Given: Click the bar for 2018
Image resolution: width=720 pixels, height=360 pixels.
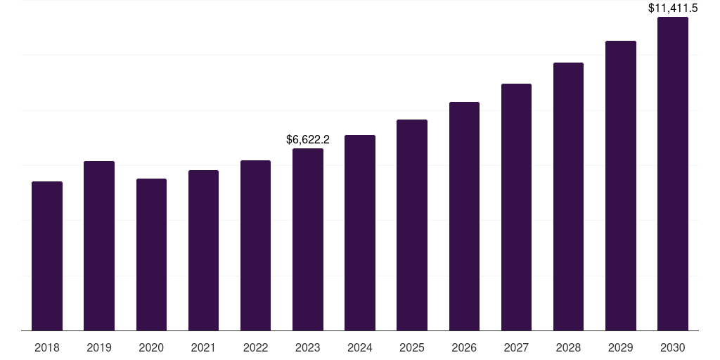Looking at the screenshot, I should (x=47, y=256).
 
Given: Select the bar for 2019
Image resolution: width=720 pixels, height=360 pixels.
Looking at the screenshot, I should (x=99, y=246).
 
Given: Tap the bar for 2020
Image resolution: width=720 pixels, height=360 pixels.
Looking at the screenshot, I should (x=151, y=255).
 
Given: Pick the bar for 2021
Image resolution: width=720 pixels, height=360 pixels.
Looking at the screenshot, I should (x=203, y=250).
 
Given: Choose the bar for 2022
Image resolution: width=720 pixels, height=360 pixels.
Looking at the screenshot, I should (x=255, y=245).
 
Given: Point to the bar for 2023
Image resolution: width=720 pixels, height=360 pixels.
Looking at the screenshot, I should (x=308, y=240).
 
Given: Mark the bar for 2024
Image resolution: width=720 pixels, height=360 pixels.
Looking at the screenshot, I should (x=360, y=233).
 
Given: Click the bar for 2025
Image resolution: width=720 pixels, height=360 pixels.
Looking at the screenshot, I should (x=412, y=225).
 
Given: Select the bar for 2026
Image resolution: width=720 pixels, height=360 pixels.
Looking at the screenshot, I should (x=464, y=217).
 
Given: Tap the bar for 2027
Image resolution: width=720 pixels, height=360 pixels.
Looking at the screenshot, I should (x=516, y=207).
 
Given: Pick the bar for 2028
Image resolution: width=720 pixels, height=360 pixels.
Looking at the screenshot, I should (x=568, y=197).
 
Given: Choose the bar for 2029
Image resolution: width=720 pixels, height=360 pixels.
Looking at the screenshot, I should (x=621, y=186).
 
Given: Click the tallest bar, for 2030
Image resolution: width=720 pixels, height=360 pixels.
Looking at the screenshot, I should (x=673, y=174).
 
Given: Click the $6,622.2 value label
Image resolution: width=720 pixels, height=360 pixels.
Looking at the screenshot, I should (x=308, y=140).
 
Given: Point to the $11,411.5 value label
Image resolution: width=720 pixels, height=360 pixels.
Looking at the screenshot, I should (x=673, y=8).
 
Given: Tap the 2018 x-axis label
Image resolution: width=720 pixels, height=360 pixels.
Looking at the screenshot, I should (x=47, y=347).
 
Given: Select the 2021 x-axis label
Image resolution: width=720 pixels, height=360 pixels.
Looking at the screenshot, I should (x=203, y=347).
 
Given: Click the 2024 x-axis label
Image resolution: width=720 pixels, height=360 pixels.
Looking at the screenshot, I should (x=360, y=347).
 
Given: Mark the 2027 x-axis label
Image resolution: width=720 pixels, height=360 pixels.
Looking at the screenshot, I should (x=516, y=347).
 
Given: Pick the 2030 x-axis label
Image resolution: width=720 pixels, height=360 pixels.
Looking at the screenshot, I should (x=673, y=347).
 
